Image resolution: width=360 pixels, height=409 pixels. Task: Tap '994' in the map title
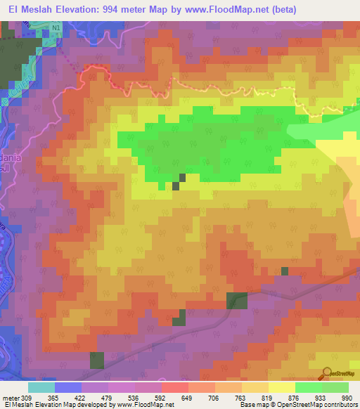(x=120, y=10)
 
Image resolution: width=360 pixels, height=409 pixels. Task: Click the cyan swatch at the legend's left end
(x=41, y=387)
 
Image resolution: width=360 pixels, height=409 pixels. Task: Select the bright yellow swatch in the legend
(x=281, y=387)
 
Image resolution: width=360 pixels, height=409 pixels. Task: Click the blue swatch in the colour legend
(x=67, y=387)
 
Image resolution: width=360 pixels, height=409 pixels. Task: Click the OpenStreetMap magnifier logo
(x=327, y=373)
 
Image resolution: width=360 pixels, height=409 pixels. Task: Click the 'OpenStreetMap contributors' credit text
(x=320, y=404)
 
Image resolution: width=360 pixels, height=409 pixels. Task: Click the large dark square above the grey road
(x=236, y=300)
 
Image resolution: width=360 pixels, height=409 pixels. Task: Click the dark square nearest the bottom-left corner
(x=96, y=361)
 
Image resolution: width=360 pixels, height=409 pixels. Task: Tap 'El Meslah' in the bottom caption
(x=19, y=404)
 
